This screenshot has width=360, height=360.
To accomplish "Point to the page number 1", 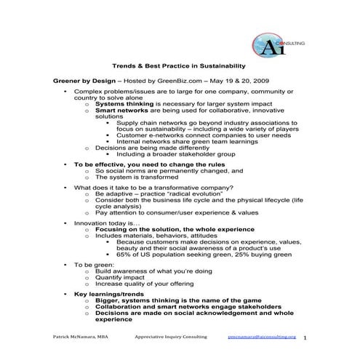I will tap(305, 338).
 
